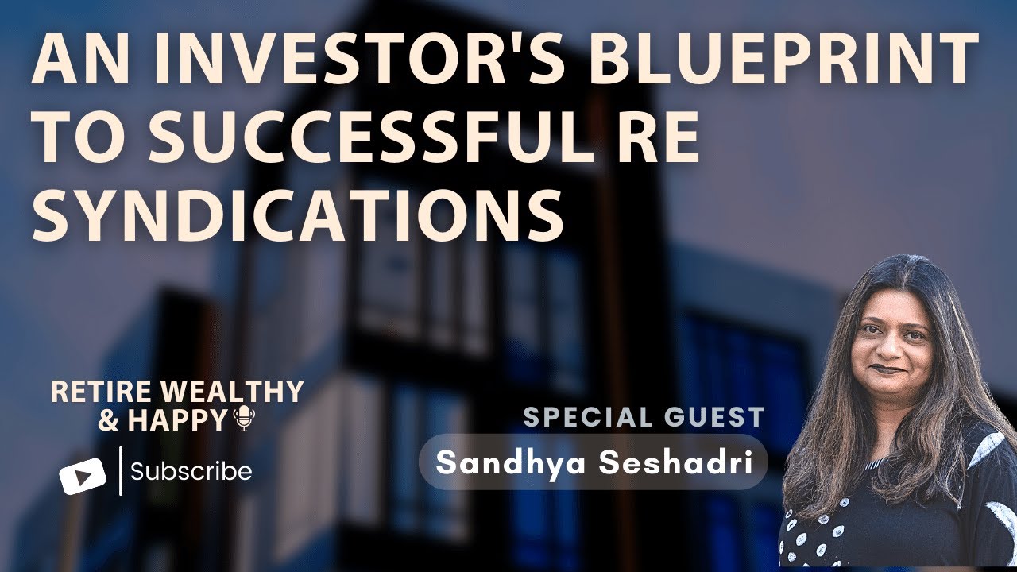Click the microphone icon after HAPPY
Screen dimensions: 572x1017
point(243,419)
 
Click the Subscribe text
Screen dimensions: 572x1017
point(191,472)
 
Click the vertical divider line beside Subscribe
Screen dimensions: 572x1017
point(120,471)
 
